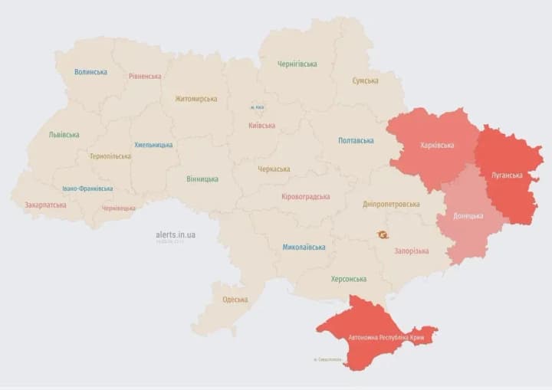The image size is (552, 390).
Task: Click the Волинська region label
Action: coord(90,72)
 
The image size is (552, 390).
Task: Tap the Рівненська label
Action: coord(145,77)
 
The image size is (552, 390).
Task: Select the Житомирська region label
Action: coord(195,99)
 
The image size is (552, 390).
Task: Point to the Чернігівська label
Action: coord(297,64)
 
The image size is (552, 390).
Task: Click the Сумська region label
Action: coord(365,80)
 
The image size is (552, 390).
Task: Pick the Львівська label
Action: coord(64,135)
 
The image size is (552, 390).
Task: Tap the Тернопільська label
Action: coord(110,156)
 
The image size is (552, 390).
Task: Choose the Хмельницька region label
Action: coord(153,145)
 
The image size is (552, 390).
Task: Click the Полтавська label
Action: coord(356,141)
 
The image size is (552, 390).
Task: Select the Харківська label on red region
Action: coord(437,145)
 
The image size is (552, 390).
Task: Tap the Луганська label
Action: coord(507,175)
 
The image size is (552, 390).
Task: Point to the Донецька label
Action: coord(468,216)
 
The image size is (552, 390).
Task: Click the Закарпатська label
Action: coord(45,205)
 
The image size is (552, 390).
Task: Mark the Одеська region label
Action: coord(235,300)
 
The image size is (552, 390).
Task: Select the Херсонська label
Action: coord(348,279)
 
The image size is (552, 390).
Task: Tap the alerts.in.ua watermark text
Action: coord(176,234)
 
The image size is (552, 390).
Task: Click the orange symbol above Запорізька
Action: coord(382,235)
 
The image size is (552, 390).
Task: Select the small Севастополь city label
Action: coord(327,359)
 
